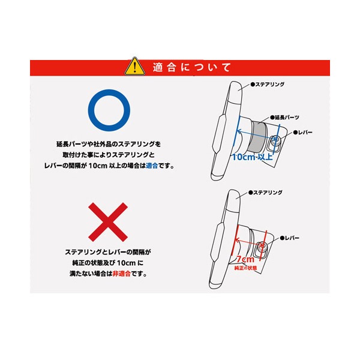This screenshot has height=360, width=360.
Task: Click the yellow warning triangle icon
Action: click(135, 67)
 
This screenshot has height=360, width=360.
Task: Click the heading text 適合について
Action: click(192, 67)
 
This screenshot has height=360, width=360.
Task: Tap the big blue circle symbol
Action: click(109, 110)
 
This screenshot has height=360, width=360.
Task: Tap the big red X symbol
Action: click(108, 222)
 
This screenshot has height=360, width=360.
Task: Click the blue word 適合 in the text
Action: click(152, 166)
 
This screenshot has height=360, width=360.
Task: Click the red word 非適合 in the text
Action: click(121, 274)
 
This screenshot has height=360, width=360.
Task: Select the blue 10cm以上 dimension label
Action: click(253, 157)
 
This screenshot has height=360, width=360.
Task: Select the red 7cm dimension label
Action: click(245, 259)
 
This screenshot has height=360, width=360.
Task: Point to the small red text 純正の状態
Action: click(245, 268)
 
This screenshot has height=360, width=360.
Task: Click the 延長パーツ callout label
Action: click(284, 118)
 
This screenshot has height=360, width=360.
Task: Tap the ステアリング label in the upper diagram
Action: click(268, 84)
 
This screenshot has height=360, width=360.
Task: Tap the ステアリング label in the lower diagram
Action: click(265, 193)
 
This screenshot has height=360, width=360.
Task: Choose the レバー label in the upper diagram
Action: click(303, 133)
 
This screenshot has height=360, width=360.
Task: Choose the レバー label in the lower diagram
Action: click(290, 238)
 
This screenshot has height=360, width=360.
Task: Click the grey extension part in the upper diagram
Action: click(259, 136)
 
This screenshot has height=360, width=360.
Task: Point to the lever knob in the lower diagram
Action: click(261, 247)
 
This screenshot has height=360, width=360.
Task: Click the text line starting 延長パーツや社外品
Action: click(109, 144)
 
